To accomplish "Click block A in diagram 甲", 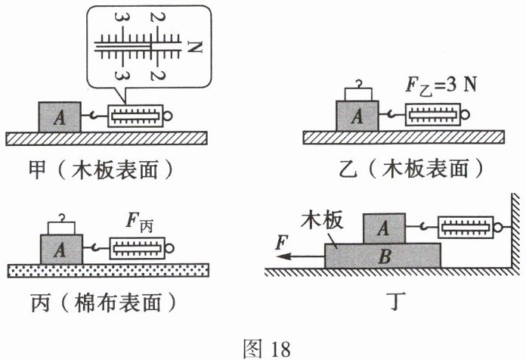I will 58,116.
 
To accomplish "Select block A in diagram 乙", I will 357,116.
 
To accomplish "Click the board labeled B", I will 383,255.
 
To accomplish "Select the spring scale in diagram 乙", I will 435,115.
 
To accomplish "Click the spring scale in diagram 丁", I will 467,226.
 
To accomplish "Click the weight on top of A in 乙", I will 357,93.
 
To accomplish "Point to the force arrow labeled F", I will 295,256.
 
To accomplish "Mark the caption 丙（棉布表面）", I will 97,302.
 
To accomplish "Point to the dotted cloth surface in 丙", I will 107,270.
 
